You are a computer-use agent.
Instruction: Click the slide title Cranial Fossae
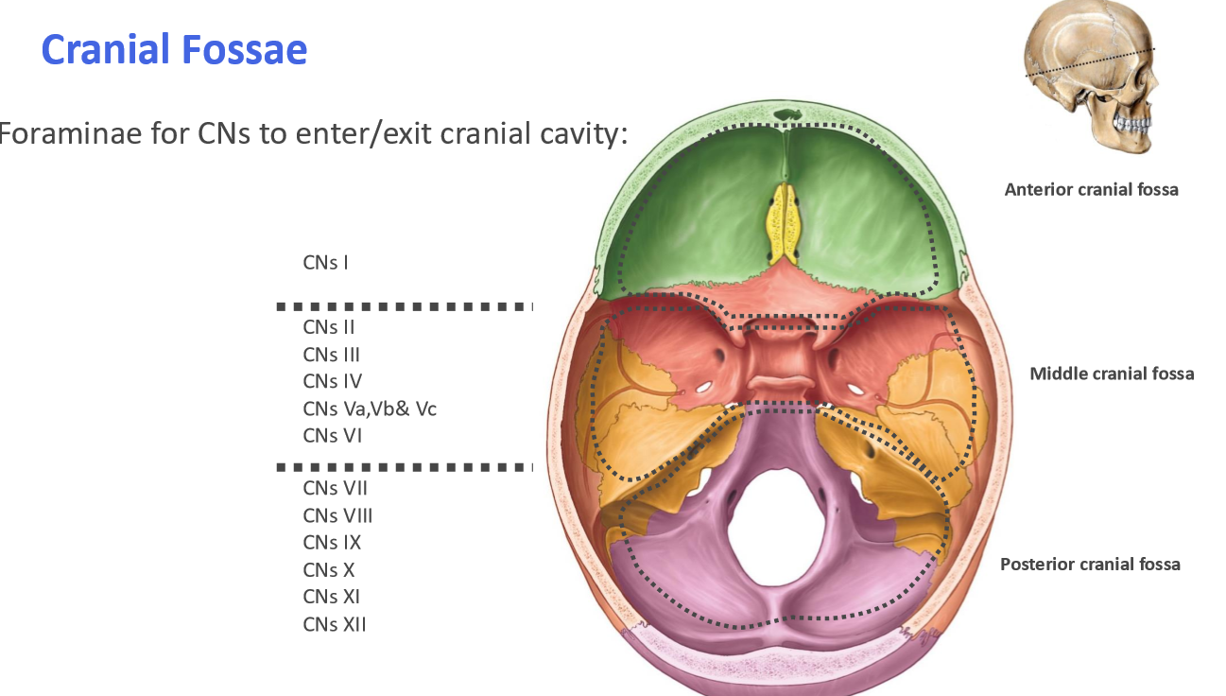(174, 49)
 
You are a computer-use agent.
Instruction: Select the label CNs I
(325, 262)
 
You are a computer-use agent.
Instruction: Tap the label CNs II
(329, 327)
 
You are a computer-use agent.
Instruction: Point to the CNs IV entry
(332, 381)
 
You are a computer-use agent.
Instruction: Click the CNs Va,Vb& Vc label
(370, 409)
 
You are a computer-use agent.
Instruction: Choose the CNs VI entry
(332, 436)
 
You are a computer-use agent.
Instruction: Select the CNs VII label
(335, 488)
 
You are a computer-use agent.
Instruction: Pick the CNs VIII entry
(337, 515)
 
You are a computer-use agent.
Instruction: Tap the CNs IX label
(332, 543)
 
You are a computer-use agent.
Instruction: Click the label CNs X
(329, 570)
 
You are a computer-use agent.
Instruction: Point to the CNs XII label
(335, 624)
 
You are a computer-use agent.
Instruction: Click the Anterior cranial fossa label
(1091, 189)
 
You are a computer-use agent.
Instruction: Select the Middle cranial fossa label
(1112, 374)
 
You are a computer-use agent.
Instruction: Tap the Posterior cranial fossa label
(1090, 565)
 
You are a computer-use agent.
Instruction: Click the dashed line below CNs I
(405, 306)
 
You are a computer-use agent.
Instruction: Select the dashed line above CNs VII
(405, 467)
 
